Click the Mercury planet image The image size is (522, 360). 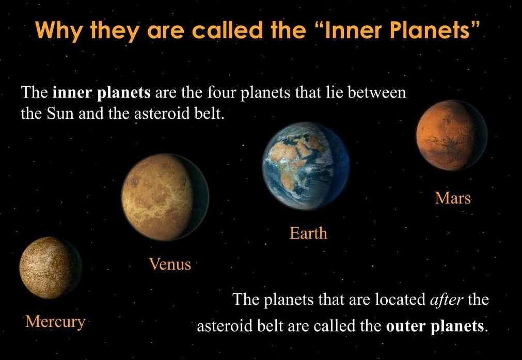click(x=50, y=268)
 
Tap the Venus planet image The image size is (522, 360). click(x=165, y=197)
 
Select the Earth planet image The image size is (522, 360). click(x=306, y=166)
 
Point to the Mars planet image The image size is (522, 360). click(x=451, y=135)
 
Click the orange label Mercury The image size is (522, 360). click(x=55, y=322)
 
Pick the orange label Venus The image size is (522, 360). click(x=170, y=264)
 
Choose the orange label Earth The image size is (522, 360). click(x=308, y=233)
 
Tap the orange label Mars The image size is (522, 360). click(x=453, y=198)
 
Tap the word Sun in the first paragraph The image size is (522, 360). click(x=60, y=114)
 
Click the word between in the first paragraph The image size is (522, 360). click(x=377, y=92)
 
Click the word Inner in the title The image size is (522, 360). click(x=353, y=30)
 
